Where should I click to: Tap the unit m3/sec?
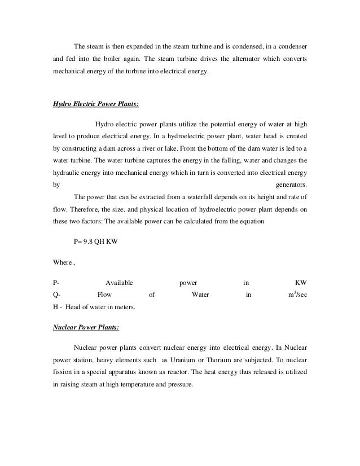click(x=297, y=294)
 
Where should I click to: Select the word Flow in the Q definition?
click(x=104, y=294)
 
